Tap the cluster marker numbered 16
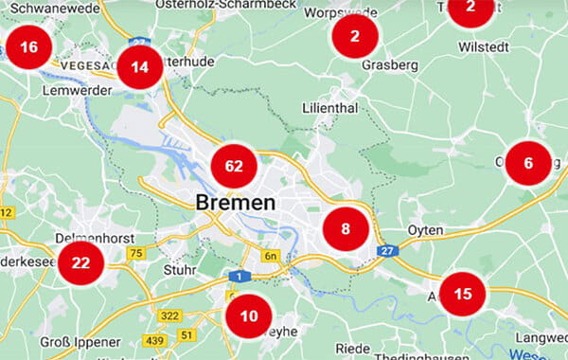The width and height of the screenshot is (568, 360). (28, 46)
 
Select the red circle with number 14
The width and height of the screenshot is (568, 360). (140, 67)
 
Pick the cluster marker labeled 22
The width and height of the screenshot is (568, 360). (80, 262)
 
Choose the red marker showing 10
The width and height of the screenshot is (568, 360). (248, 315)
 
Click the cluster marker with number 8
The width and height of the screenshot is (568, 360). (346, 228)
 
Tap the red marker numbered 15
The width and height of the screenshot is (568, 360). (462, 294)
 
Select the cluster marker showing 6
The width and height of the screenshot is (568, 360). (528, 162)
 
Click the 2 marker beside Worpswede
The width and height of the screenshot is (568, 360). (355, 37)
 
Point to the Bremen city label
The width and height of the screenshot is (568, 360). (236, 203)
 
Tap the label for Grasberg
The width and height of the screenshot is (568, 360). (390, 65)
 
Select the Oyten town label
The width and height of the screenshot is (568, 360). (425, 230)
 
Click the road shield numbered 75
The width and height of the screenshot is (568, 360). (136, 253)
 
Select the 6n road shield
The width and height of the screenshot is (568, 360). (270, 255)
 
